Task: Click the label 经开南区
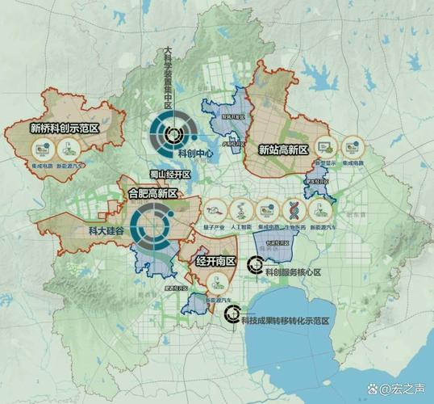215,262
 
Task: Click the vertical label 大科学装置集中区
169,78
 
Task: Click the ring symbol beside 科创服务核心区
254,263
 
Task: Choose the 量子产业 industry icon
214,210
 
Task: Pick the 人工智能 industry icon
240,210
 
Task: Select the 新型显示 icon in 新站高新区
326,148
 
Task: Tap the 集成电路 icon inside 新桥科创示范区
43,148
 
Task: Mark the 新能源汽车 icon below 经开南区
215,284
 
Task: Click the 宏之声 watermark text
401,389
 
